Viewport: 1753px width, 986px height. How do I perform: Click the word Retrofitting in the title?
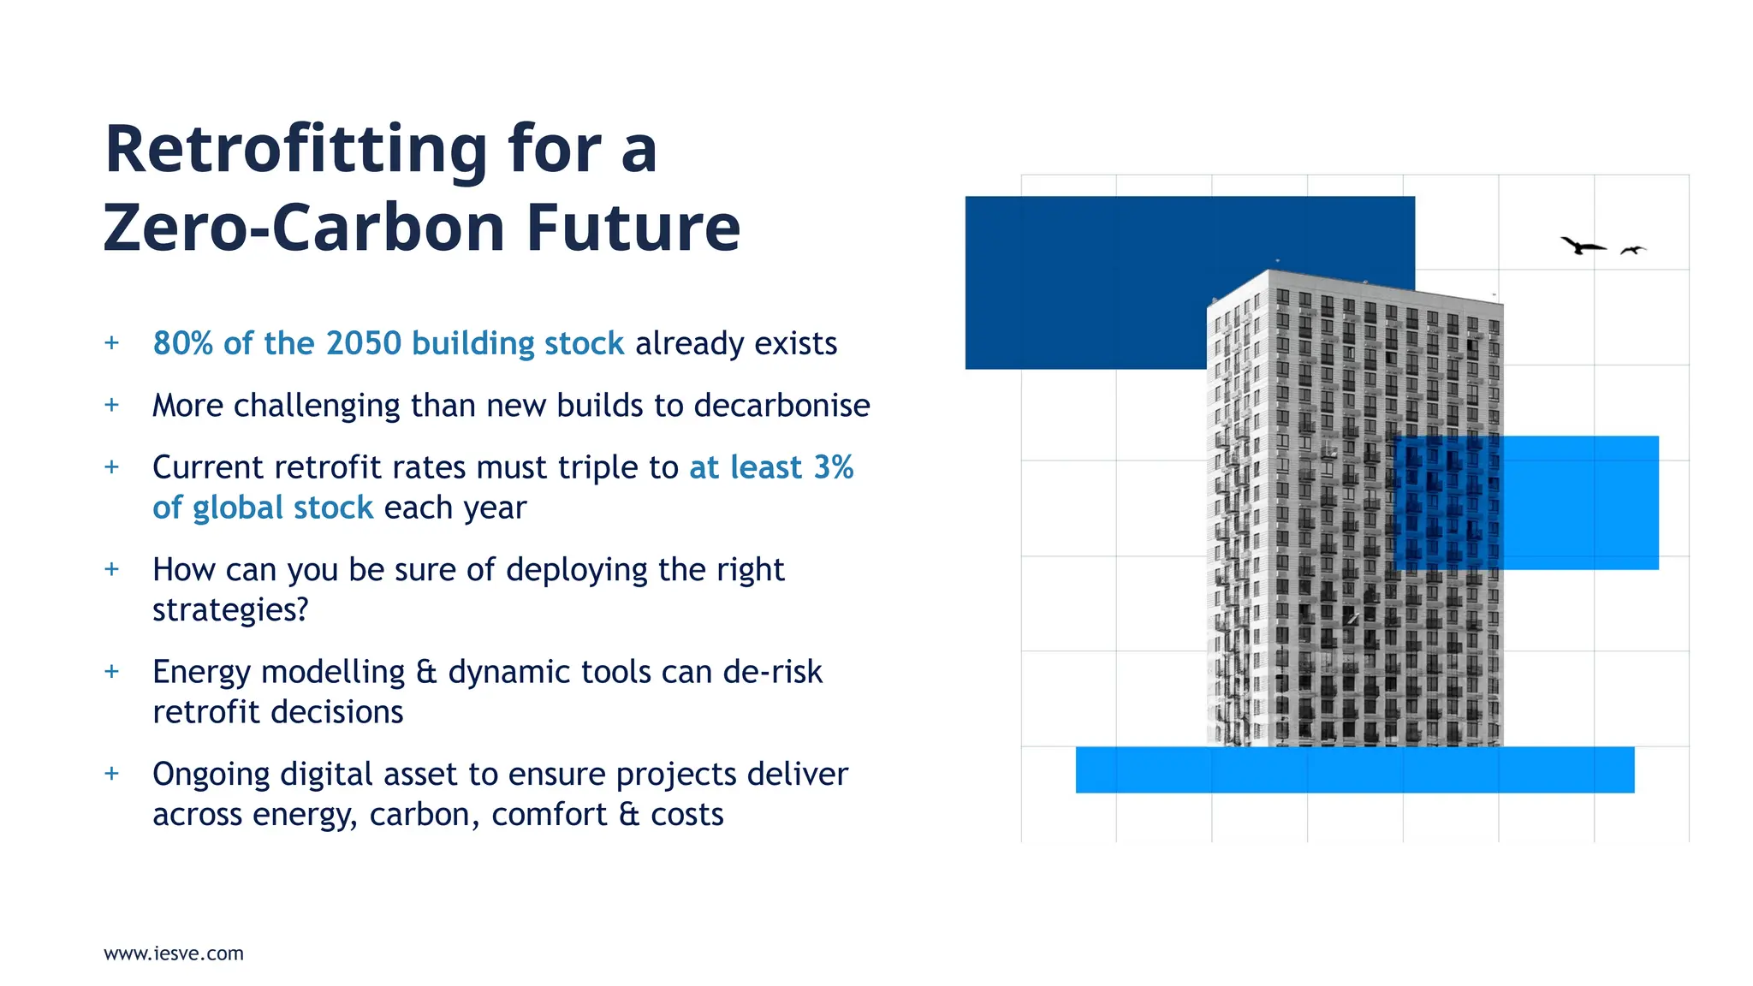pos(295,151)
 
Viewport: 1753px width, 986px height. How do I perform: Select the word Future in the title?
pos(633,229)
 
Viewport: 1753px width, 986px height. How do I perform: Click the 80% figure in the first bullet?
pos(182,343)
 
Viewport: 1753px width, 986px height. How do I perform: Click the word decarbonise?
pos(781,406)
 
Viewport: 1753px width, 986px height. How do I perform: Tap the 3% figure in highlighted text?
pos(833,467)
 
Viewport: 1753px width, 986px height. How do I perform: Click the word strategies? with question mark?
pos(230,610)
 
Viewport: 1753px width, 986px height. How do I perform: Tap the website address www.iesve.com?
pos(174,953)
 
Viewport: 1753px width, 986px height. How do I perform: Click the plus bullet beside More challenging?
pos(111,405)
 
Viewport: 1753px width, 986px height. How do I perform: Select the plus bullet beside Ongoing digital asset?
pos(111,774)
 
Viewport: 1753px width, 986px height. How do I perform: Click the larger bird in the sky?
pos(1582,246)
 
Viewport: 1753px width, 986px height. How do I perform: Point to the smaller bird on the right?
pos(1633,250)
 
